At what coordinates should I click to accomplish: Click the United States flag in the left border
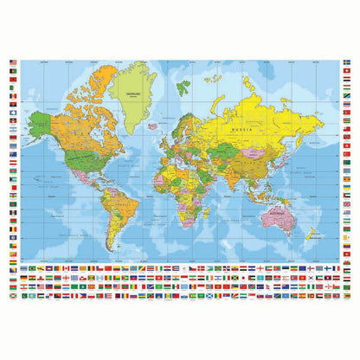click(x=13, y=61)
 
